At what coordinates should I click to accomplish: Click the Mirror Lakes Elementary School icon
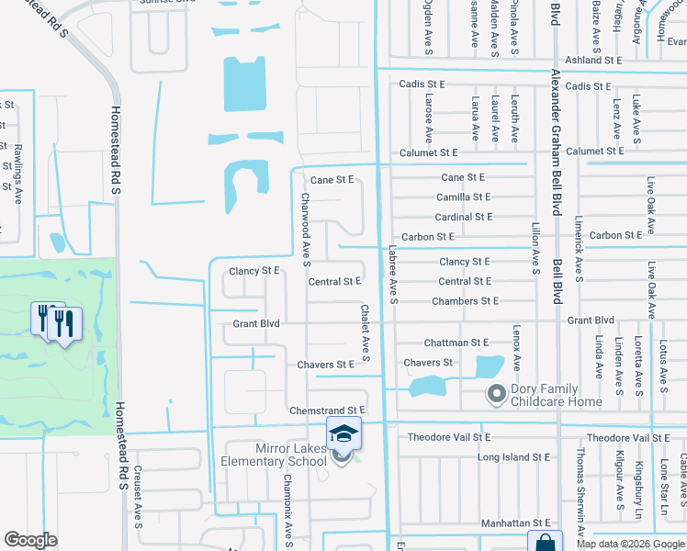click(343, 433)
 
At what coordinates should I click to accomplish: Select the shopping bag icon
click(544, 542)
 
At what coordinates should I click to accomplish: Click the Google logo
click(30, 540)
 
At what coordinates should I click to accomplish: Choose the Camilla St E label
click(463, 197)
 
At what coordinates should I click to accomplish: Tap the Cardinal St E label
click(463, 217)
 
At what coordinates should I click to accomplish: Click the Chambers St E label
click(465, 301)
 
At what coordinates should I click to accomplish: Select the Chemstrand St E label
click(328, 410)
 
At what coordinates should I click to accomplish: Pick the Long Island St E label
click(513, 456)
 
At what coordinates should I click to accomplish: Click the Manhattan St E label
click(514, 523)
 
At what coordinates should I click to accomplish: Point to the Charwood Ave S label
click(305, 224)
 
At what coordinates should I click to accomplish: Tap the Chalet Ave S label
click(365, 333)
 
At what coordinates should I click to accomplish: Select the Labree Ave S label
click(392, 274)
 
